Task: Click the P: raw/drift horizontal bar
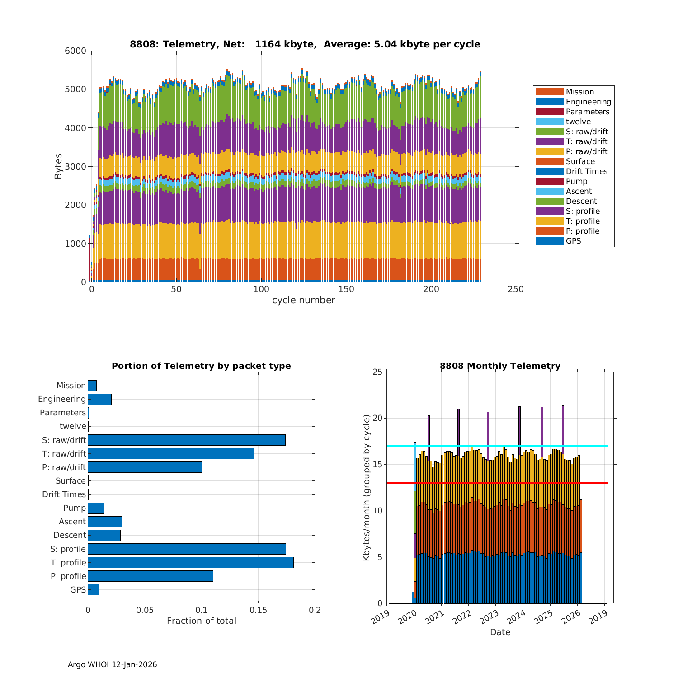pos(145,467)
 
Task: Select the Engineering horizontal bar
pos(99,399)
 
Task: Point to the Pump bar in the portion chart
pos(96,508)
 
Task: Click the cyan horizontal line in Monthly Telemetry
pos(497,446)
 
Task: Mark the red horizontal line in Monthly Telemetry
pos(497,483)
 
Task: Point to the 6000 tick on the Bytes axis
pos(75,51)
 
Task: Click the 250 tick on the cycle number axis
pos(516,289)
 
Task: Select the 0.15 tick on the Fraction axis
pos(258,610)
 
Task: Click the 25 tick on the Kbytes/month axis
pos(377,372)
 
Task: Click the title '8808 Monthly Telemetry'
pos(500,366)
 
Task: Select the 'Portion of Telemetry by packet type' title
pos(201,366)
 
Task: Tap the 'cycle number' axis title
pos(303,300)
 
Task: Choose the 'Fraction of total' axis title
pos(201,621)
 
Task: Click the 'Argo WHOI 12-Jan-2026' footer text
pos(112,664)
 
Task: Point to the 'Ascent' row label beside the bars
pos(72,522)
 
